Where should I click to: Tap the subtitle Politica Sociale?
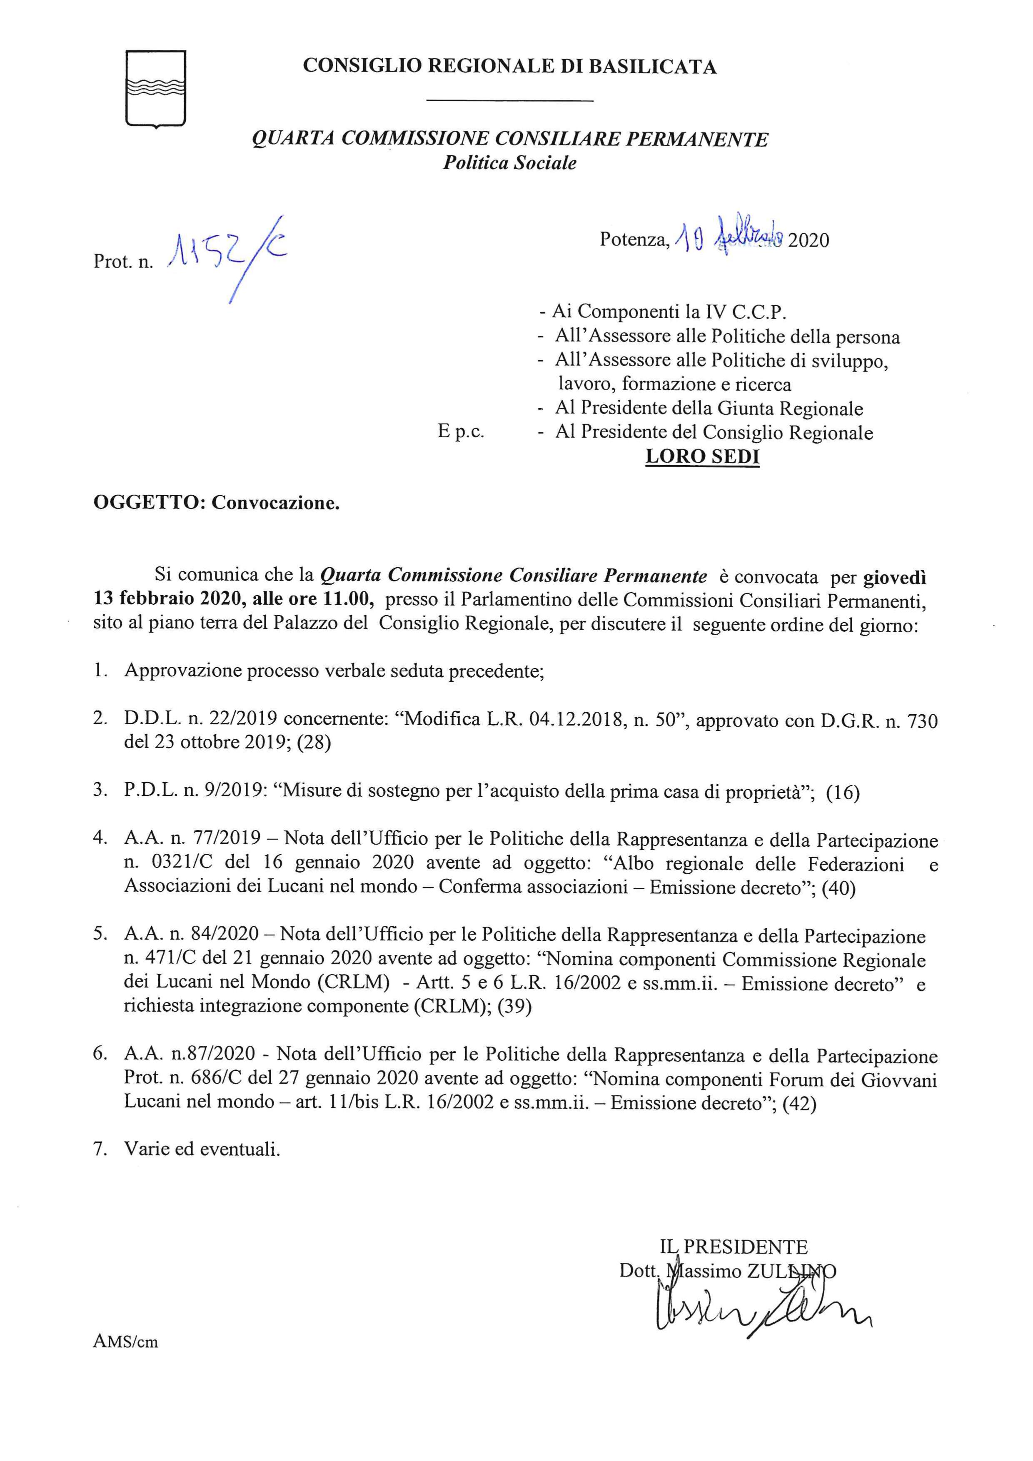[510, 163]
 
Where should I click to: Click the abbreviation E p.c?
[461, 432]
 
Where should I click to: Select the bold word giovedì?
[894, 576]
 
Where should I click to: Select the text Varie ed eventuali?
[202, 1150]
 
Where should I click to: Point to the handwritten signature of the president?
[757, 1311]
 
